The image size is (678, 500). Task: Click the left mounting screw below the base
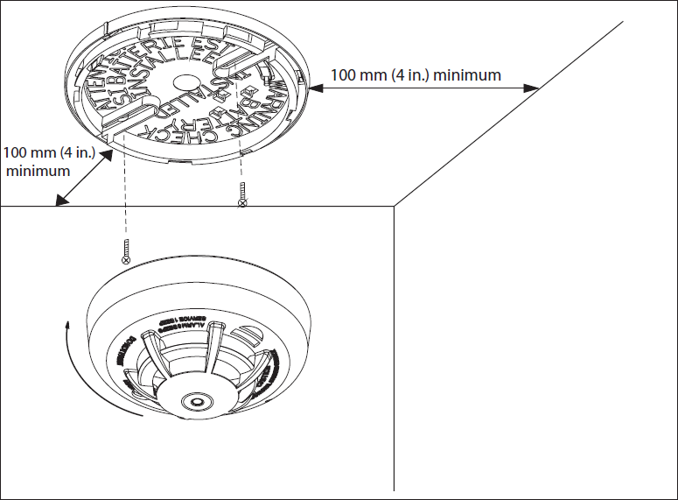(126, 250)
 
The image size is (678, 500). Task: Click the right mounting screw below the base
(242, 195)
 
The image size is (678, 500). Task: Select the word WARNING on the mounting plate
(248, 103)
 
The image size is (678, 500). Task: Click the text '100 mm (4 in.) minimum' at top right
(416, 75)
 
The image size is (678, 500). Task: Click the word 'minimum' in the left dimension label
(38, 172)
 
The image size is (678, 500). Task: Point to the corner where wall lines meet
(395, 207)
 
